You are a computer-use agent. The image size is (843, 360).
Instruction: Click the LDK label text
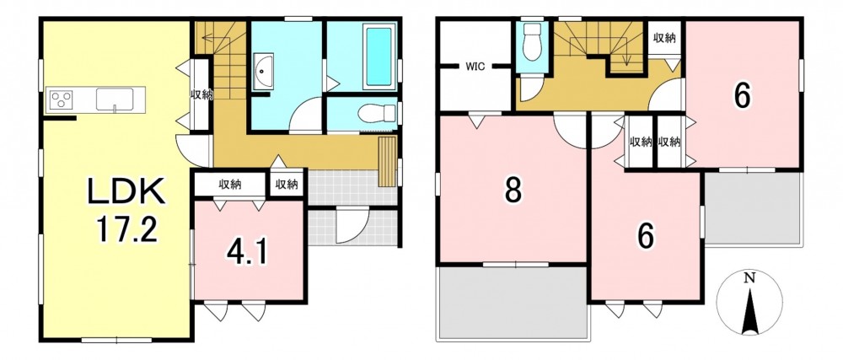tap(127, 193)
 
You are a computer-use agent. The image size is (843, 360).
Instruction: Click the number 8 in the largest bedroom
tap(513, 190)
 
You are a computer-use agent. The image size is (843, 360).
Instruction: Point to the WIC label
tap(475, 67)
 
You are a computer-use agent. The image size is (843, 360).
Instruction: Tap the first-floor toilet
tap(376, 113)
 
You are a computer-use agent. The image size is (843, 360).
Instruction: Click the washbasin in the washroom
tap(263, 71)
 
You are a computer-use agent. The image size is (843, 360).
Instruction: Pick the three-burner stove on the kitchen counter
tap(61, 99)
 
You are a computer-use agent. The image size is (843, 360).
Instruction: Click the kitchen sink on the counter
tap(115, 99)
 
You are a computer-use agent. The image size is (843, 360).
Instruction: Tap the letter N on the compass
tap(749, 278)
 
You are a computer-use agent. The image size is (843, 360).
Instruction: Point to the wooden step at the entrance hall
tap(387, 162)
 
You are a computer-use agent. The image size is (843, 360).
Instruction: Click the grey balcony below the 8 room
tap(513, 303)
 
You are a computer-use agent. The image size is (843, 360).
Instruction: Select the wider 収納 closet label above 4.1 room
tap(229, 185)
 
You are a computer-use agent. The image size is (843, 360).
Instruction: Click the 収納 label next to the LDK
tap(201, 95)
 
